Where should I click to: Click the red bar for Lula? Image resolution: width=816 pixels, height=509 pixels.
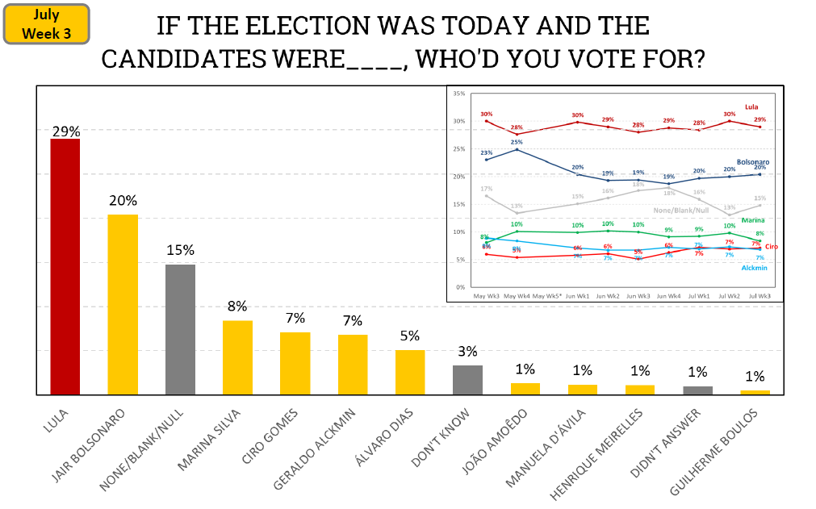pos(65,266)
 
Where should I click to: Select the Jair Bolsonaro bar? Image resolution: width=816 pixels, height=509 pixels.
pos(123,304)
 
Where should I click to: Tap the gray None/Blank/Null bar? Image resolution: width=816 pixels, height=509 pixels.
pos(180,329)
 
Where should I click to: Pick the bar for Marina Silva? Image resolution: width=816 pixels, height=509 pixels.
pos(237,357)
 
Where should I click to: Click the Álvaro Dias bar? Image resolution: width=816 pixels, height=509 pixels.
pos(410,372)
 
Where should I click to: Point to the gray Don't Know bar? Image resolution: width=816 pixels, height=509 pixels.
pos(467,380)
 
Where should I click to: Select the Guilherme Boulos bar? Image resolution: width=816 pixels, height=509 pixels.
pos(755,392)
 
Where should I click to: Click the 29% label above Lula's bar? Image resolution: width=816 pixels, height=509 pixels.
pos(65,131)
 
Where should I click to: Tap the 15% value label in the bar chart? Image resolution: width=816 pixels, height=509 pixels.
pos(180,251)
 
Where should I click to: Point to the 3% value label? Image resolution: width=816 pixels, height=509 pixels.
pos(467,352)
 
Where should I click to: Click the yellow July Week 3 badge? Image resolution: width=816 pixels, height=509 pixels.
pos(46,24)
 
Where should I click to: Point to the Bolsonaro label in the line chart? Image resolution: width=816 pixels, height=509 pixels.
pos(752,162)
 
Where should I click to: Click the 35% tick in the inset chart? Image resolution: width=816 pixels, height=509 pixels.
pos(459,94)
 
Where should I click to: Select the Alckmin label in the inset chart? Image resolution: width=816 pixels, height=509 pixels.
pos(754,267)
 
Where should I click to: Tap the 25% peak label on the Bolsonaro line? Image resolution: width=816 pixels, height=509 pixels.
pos(517,142)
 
